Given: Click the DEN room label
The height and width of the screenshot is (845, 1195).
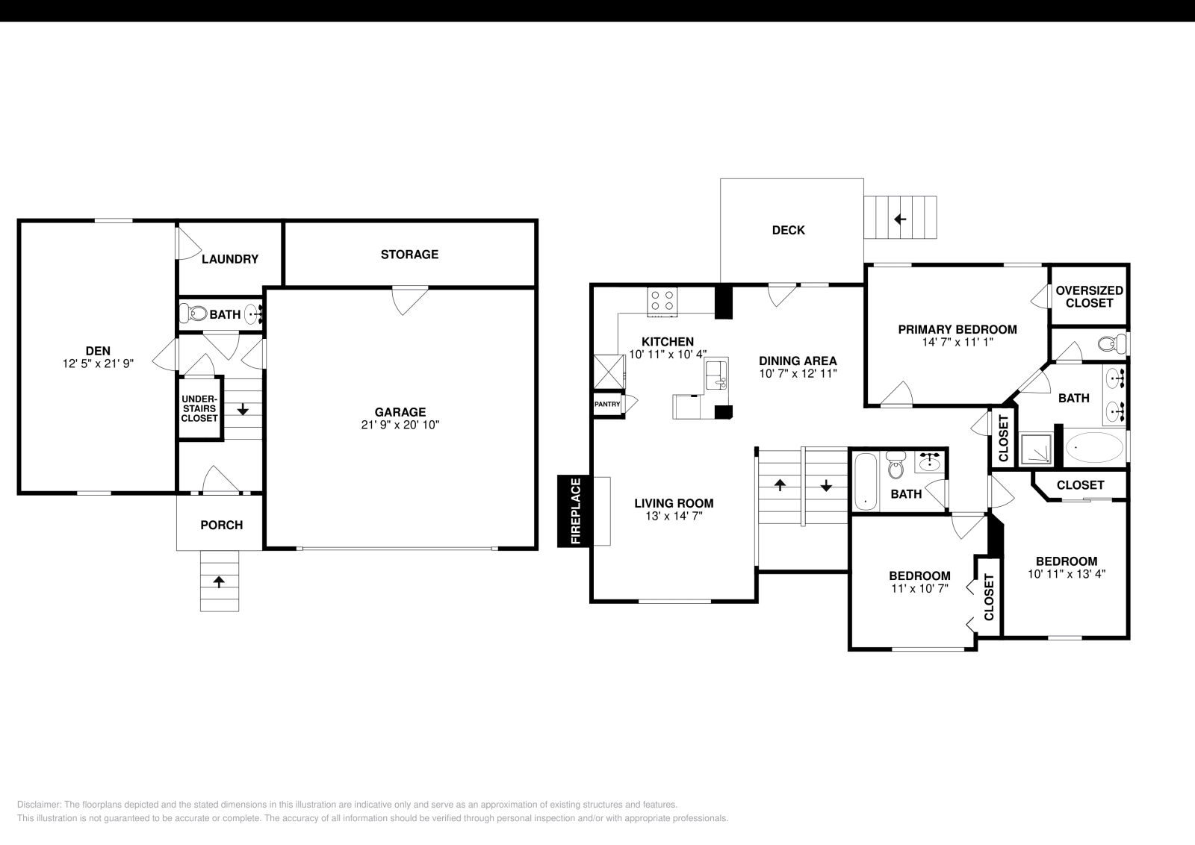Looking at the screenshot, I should point(98,351).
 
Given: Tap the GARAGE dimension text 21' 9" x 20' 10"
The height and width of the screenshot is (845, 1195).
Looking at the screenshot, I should point(400,425).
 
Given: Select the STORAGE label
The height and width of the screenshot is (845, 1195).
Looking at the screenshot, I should point(409,255).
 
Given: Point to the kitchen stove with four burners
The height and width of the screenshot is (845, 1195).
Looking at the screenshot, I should point(662,300).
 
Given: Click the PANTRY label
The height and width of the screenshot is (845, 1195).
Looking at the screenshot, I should point(607,404).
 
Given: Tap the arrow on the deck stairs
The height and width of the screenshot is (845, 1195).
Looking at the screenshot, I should point(900,219).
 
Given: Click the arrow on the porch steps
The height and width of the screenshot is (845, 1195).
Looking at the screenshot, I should point(220,581).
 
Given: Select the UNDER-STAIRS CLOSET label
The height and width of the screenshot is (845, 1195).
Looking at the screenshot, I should point(199,408).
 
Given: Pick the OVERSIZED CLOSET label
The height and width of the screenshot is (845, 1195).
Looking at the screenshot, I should point(1089,296).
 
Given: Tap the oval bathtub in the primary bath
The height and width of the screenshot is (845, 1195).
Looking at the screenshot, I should point(1094,448).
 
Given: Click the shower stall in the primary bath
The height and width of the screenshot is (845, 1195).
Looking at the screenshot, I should point(1036,450).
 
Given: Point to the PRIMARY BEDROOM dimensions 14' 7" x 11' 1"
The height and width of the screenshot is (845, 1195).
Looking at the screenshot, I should point(957,343).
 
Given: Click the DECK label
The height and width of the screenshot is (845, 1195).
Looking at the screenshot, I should point(788,230).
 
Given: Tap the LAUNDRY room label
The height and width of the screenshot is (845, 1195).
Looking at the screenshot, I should point(230,259).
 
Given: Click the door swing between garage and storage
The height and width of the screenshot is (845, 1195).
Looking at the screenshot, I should point(410,299).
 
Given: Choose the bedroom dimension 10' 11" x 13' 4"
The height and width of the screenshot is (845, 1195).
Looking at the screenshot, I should point(1066,574).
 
